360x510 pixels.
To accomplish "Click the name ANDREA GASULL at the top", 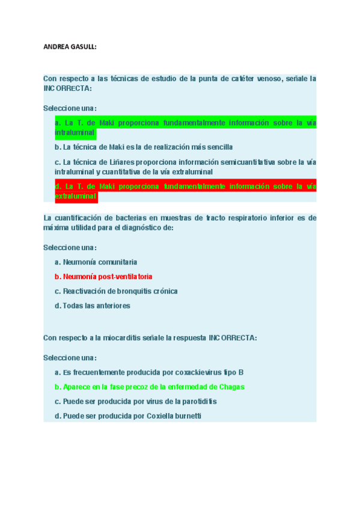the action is [70, 46].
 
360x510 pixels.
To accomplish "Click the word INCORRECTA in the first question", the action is [67, 88].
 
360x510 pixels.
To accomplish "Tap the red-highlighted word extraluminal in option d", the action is [76, 196].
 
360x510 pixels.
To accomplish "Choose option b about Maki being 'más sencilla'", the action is [144, 147].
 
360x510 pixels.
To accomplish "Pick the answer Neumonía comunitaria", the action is [96, 262].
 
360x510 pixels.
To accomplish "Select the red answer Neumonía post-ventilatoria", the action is [103, 277].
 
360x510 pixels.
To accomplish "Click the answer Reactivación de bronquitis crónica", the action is [116, 291].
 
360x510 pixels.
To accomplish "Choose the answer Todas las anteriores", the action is [92, 306].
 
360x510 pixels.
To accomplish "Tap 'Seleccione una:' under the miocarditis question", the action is [70, 357].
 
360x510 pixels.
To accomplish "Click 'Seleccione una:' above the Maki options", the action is [70, 108].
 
